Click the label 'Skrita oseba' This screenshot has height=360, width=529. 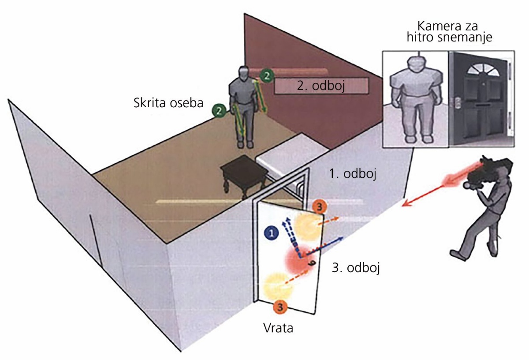pyautogui.click(x=168, y=103)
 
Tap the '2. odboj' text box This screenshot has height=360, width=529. pyautogui.click(x=321, y=86)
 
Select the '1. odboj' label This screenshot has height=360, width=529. pyautogui.click(x=352, y=174)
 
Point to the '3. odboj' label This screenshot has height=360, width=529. pyautogui.click(x=356, y=268)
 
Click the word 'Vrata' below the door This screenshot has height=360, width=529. pyautogui.click(x=278, y=328)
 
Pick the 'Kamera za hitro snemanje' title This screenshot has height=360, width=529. pyautogui.click(x=449, y=32)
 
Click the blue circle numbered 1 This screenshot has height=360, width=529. pyautogui.click(x=272, y=233)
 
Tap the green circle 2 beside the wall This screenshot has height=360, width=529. pyautogui.click(x=267, y=76)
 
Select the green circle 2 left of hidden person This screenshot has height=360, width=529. pyautogui.click(x=219, y=110)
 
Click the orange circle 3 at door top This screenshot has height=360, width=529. pyautogui.click(x=319, y=207)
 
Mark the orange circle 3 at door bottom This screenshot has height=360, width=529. pyautogui.click(x=280, y=307)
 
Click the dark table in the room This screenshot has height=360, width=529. pyautogui.click(x=244, y=174)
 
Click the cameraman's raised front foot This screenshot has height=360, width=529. pyautogui.click(x=458, y=255)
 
